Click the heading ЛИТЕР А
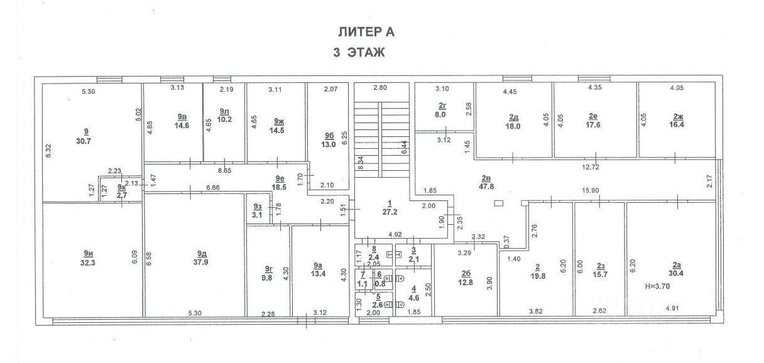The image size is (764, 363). tap(366, 31)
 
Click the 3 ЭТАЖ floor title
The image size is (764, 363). tap(358, 53)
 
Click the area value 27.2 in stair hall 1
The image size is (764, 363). tap(390, 212)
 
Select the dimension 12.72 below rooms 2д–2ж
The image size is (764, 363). tap(591, 166)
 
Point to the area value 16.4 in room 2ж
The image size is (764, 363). tap(677, 125)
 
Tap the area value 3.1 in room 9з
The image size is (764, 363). tap(256, 215)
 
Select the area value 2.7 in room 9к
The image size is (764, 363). tap(121, 195)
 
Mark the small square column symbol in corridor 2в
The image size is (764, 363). tap(498, 203)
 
